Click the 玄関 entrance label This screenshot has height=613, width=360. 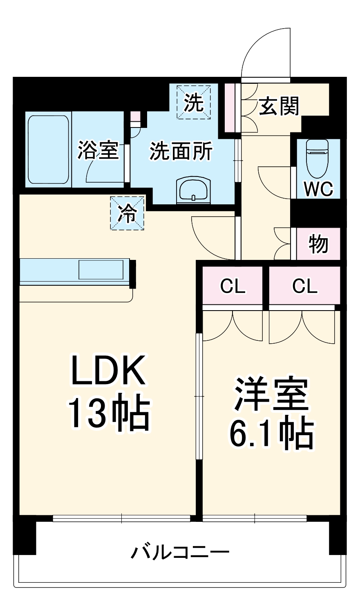coord(279,106)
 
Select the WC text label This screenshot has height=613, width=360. coord(319,189)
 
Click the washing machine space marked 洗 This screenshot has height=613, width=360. coord(194,102)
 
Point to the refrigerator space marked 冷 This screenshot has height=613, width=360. coord(127,213)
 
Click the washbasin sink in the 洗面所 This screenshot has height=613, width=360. coord(194,190)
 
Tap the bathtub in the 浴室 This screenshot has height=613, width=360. coord(48,150)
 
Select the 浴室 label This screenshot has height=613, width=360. coord(98,150)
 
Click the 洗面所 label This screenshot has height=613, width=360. coord(181,151)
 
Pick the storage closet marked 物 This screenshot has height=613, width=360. coord(318,244)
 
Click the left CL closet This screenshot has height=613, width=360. coord(233,286)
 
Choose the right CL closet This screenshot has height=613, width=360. coord(305,286)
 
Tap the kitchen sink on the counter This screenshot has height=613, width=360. coord(101,270)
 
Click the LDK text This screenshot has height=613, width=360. coord(109,371)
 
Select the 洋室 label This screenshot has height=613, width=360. coord(271,395)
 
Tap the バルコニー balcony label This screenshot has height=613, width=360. coord(180,553)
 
